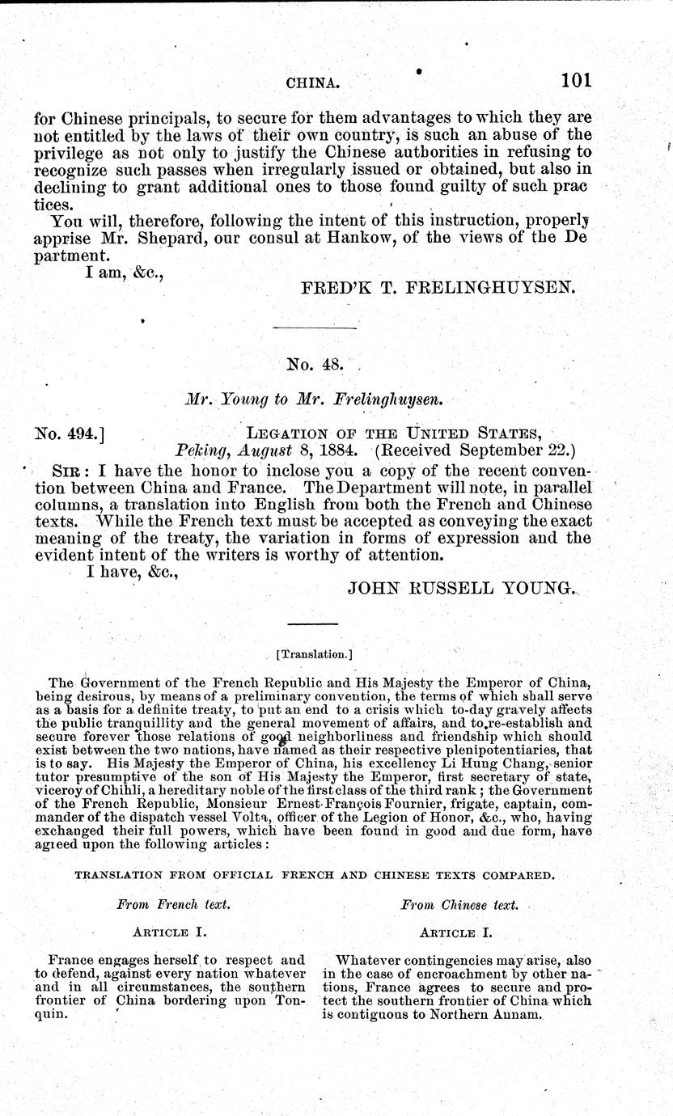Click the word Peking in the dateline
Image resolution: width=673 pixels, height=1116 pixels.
tap(196, 454)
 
